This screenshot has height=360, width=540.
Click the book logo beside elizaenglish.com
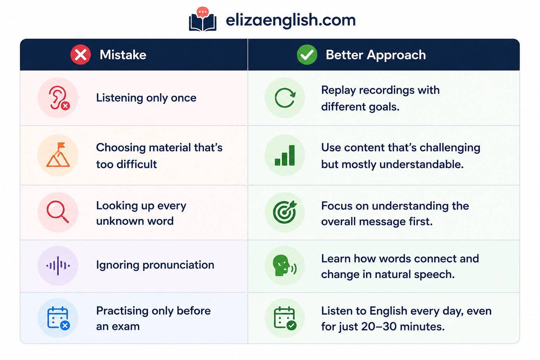tap(202, 19)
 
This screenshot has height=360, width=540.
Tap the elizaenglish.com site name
tap(290, 20)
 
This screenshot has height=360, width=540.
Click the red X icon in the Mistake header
tap(81, 55)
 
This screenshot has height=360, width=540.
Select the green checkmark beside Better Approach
tap(307, 55)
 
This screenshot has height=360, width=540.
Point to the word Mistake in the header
tap(123, 55)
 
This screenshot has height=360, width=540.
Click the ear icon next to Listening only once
tap(59, 98)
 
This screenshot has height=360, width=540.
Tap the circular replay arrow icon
tap(285, 98)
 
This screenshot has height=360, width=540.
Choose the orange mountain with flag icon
tap(58, 155)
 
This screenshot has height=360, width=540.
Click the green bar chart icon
tap(285, 155)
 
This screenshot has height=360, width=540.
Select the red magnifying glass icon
tap(58, 212)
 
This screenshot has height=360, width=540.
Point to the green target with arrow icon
tap(285, 212)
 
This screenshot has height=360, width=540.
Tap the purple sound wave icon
tap(58, 266)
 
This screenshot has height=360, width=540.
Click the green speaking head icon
tap(284, 266)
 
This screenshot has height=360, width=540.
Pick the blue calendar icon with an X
tap(59, 318)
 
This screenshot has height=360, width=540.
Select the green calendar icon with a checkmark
tap(285, 318)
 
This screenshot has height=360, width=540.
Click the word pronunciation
tap(178, 265)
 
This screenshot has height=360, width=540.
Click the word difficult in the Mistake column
tap(137, 164)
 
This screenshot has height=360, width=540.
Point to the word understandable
tap(422, 165)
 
